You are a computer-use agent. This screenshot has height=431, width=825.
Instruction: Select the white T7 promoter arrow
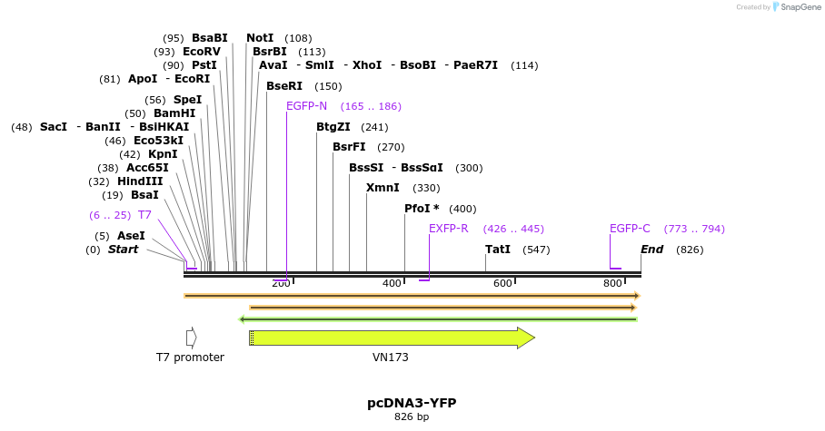(191, 338)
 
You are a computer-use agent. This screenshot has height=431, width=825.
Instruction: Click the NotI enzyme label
(260, 38)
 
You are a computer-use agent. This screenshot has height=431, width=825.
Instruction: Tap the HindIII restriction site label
(140, 181)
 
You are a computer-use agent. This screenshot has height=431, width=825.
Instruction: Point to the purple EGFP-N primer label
(306, 106)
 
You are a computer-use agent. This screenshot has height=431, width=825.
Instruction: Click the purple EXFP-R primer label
(449, 229)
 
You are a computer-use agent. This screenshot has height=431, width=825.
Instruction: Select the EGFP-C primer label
(630, 229)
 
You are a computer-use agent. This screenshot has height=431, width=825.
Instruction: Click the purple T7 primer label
(144, 215)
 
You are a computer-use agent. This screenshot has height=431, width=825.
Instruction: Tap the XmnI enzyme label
(383, 188)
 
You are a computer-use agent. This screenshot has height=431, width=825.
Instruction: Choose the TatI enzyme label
(498, 249)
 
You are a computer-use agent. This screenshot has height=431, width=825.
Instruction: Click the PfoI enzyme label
(422, 209)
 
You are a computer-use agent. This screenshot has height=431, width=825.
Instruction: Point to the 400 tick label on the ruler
(392, 284)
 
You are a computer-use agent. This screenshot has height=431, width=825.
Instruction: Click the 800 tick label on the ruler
(612, 284)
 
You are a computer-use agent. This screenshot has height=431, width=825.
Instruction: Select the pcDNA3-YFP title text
(412, 402)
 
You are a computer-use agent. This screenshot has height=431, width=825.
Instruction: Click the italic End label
(651, 249)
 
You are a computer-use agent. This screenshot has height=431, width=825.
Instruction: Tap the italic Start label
(123, 249)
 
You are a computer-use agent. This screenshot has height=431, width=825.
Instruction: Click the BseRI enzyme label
(284, 86)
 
